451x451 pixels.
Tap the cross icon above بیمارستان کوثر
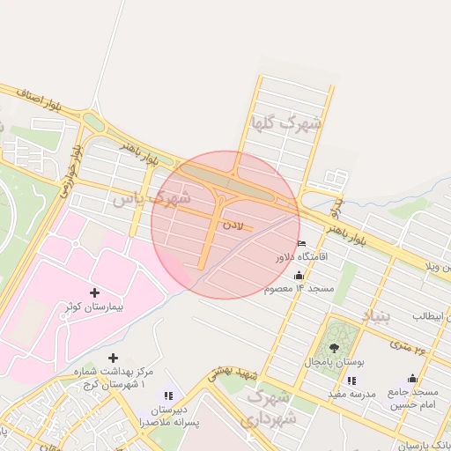point(95,292)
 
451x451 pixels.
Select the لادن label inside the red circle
point(232,226)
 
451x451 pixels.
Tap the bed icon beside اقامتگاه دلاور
point(302,244)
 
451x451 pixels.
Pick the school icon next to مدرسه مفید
point(351,381)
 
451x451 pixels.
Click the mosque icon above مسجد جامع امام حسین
point(412,379)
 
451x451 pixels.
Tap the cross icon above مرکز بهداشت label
point(112,358)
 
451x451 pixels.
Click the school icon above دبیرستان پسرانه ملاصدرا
point(167,396)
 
